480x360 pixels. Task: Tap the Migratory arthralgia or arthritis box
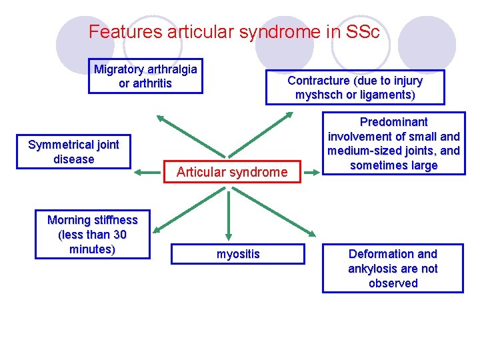[x=145, y=77]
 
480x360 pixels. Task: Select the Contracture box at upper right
[x=355, y=88]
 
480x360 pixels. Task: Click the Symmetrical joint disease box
[x=73, y=152]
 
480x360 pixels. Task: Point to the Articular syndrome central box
[x=232, y=172]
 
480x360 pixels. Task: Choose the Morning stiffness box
[x=93, y=235]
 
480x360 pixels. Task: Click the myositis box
[x=238, y=254]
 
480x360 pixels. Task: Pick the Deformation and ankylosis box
[x=393, y=269]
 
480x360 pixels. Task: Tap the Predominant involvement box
[x=393, y=144]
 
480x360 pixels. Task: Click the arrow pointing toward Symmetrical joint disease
[x=147, y=172]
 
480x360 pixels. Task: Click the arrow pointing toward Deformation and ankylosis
[x=287, y=217]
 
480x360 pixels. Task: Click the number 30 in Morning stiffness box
[x=119, y=235]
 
